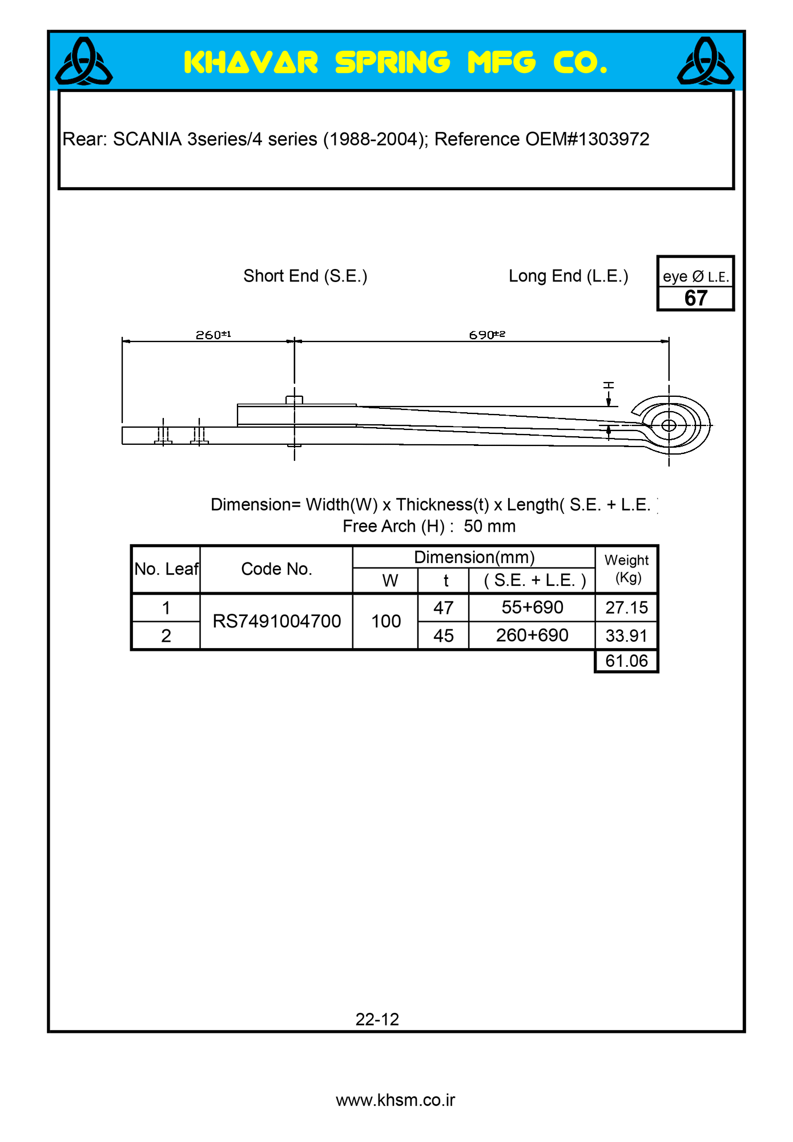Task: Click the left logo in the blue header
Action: pyautogui.click(x=84, y=62)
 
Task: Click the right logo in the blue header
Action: pyautogui.click(x=705, y=62)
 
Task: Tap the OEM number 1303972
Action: pyautogui.click(x=614, y=139)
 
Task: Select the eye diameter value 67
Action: pyautogui.click(x=695, y=298)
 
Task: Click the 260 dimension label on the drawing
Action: pyautogui.click(x=213, y=335)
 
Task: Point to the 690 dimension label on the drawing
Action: pyautogui.click(x=486, y=335)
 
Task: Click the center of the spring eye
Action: pyautogui.click(x=669, y=425)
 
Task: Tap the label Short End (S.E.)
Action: pyautogui.click(x=305, y=276)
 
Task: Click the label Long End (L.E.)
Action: pyautogui.click(x=568, y=276)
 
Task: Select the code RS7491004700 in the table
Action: pyautogui.click(x=276, y=621)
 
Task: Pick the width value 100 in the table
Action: pyautogui.click(x=386, y=621)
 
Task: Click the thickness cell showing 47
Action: pyautogui.click(x=443, y=608)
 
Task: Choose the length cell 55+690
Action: pyautogui.click(x=532, y=608)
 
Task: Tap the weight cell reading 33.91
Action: pyautogui.click(x=626, y=636)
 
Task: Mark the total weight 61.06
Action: pyautogui.click(x=626, y=661)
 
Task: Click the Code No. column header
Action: pyautogui.click(x=276, y=569)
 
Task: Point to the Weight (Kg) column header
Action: pyautogui.click(x=626, y=569)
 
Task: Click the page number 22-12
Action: pyautogui.click(x=377, y=1019)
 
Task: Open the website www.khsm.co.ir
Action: pyautogui.click(x=395, y=1100)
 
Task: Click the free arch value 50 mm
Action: pyautogui.click(x=489, y=526)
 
